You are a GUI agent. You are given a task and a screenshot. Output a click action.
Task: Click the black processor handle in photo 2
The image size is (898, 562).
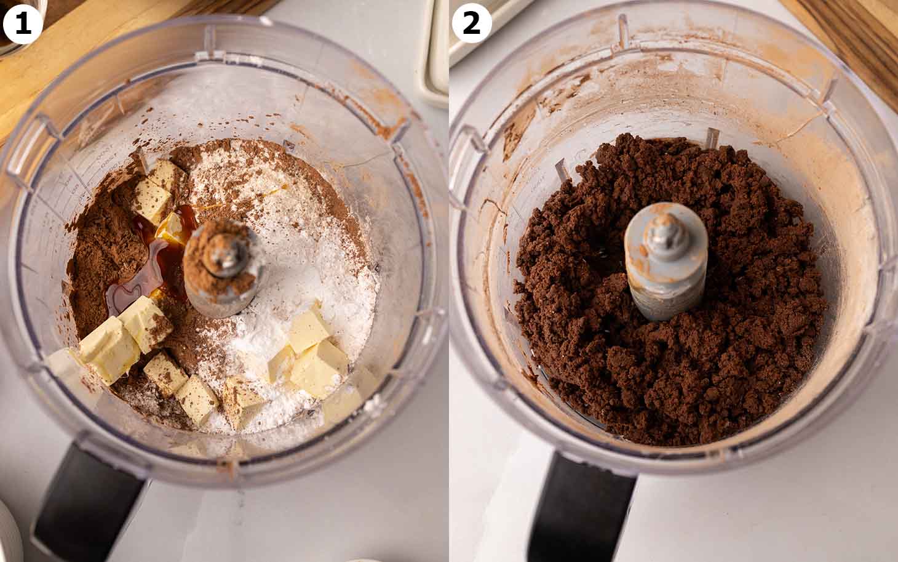pos(584,511)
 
